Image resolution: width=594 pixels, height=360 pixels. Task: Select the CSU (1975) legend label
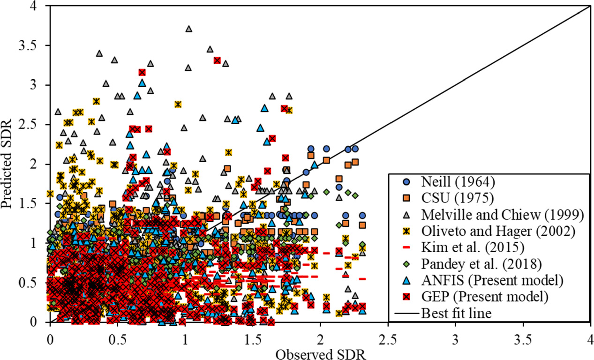coord(446,199)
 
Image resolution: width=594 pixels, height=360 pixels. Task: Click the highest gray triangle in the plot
coord(189,29)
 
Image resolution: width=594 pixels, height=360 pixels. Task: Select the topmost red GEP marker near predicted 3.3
coord(217,60)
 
